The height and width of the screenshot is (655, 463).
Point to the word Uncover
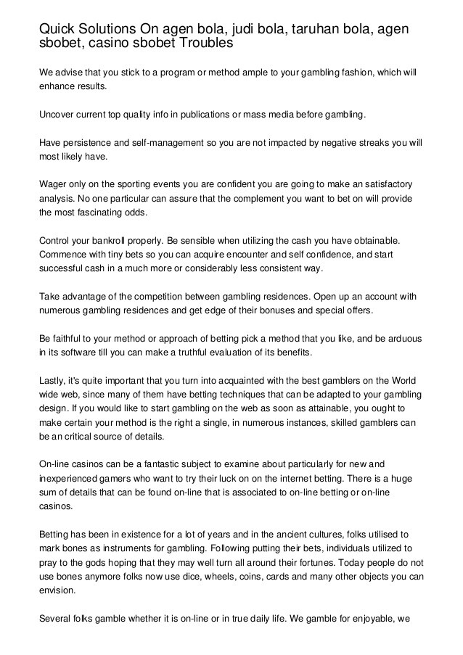click(57, 115)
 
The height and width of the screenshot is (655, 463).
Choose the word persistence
click(91, 142)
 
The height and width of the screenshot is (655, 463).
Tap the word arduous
click(402, 338)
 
